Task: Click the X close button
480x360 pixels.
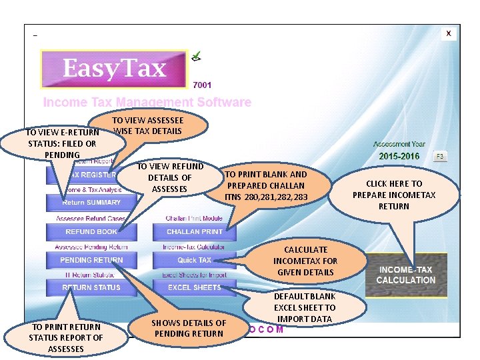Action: point(449,33)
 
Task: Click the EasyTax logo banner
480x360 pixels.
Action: point(114,69)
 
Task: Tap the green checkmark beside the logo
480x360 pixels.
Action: point(197,57)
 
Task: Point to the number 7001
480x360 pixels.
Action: point(202,85)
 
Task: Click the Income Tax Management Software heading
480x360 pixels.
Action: point(147,103)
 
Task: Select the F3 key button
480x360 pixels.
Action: point(439,156)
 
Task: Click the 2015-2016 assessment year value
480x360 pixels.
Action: point(400,156)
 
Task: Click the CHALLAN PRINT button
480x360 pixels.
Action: point(195,232)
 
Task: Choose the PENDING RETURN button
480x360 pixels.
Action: point(91,260)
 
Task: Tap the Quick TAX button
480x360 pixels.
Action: point(195,260)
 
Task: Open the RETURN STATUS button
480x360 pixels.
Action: point(91,287)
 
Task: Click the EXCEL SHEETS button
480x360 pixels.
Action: point(195,287)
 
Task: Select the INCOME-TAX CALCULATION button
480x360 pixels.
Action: point(405,275)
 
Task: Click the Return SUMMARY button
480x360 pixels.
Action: point(91,203)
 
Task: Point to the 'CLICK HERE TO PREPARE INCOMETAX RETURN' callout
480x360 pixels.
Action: point(394,195)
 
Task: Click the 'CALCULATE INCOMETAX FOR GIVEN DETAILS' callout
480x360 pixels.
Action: point(305,261)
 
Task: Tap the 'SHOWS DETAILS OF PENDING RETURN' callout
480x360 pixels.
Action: point(189,328)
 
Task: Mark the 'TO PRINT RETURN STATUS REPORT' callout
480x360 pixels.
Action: point(65,337)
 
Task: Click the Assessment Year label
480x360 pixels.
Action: point(399,144)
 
